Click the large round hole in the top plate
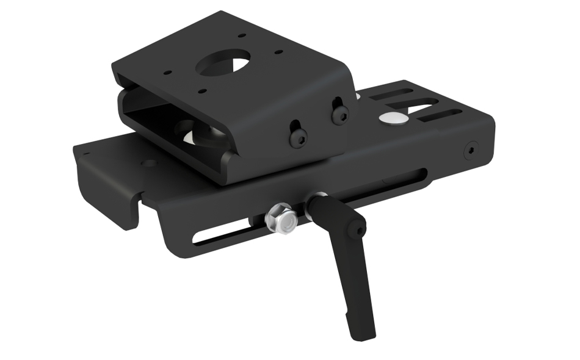pos(224,63)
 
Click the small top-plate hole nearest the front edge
pos(202,92)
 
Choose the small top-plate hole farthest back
pos(242,36)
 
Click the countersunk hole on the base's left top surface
pos(149,163)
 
